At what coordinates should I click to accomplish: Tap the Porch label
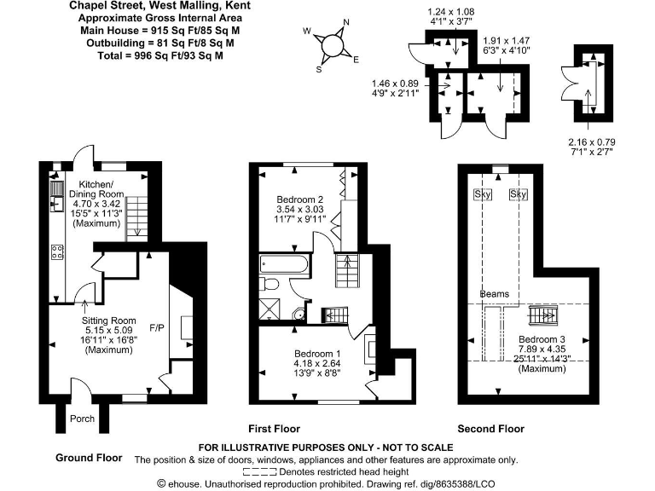click(x=82, y=419)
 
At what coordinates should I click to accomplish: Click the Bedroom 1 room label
click(x=316, y=353)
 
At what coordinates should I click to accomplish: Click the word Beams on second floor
click(x=494, y=294)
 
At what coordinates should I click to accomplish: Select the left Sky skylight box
click(x=483, y=194)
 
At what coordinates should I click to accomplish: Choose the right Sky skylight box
click(x=518, y=194)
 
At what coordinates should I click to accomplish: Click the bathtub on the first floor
click(x=284, y=263)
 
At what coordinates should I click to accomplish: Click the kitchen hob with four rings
click(x=58, y=251)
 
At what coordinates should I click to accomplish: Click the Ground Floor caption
click(x=89, y=458)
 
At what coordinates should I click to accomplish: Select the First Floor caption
click(x=274, y=428)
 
